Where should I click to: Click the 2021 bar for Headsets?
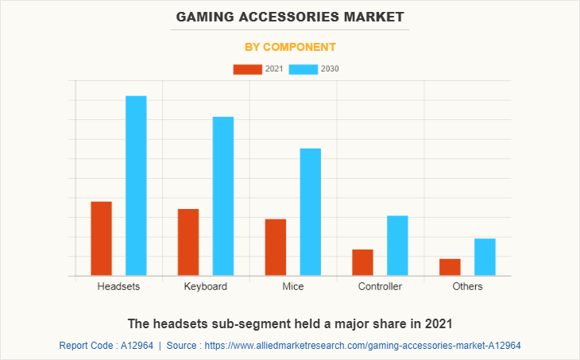click(101, 238)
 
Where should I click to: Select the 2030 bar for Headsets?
click(136, 186)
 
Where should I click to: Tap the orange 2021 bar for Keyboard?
click(188, 242)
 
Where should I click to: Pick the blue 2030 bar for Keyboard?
click(223, 196)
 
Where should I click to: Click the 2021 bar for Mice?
click(276, 247)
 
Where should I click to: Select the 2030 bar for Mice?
click(311, 212)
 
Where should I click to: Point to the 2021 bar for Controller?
click(362, 262)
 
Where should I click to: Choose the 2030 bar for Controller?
click(397, 246)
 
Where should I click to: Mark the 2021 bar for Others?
click(450, 267)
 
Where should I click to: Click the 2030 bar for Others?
click(485, 257)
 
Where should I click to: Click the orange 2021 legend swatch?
click(247, 69)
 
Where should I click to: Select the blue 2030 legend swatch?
click(304, 69)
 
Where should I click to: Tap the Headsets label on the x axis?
click(118, 286)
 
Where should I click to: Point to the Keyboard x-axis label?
click(206, 286)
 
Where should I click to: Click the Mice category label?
click(292, 286)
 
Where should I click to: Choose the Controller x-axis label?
click(380, 286)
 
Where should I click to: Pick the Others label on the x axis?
click(467, 286)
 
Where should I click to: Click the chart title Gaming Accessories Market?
click(290, 16)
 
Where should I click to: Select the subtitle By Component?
click(290, 47)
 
